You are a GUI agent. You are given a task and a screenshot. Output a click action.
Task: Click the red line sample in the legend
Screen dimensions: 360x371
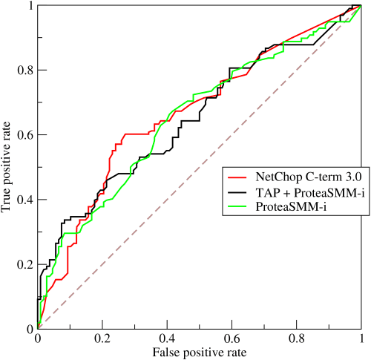[240, 178]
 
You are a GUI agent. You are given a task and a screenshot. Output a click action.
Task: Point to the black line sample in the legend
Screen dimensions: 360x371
[240, 193]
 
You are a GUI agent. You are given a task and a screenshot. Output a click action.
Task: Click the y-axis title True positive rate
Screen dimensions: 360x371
[7, 167]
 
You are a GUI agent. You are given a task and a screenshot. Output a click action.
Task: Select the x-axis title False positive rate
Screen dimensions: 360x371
[198, 351]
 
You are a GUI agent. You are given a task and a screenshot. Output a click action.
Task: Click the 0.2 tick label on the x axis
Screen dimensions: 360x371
[102, 338]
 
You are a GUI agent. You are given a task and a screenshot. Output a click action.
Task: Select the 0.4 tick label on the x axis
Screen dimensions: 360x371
[166, 338]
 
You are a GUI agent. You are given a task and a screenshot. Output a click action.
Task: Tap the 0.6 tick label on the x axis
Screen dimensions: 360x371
[231, 338]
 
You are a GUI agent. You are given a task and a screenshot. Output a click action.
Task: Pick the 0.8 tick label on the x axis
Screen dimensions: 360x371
[295, 338]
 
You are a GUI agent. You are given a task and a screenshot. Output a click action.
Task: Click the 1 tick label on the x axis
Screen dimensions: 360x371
[360, 338]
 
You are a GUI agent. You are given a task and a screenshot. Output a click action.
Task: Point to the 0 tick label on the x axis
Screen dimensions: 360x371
[37, 338]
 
